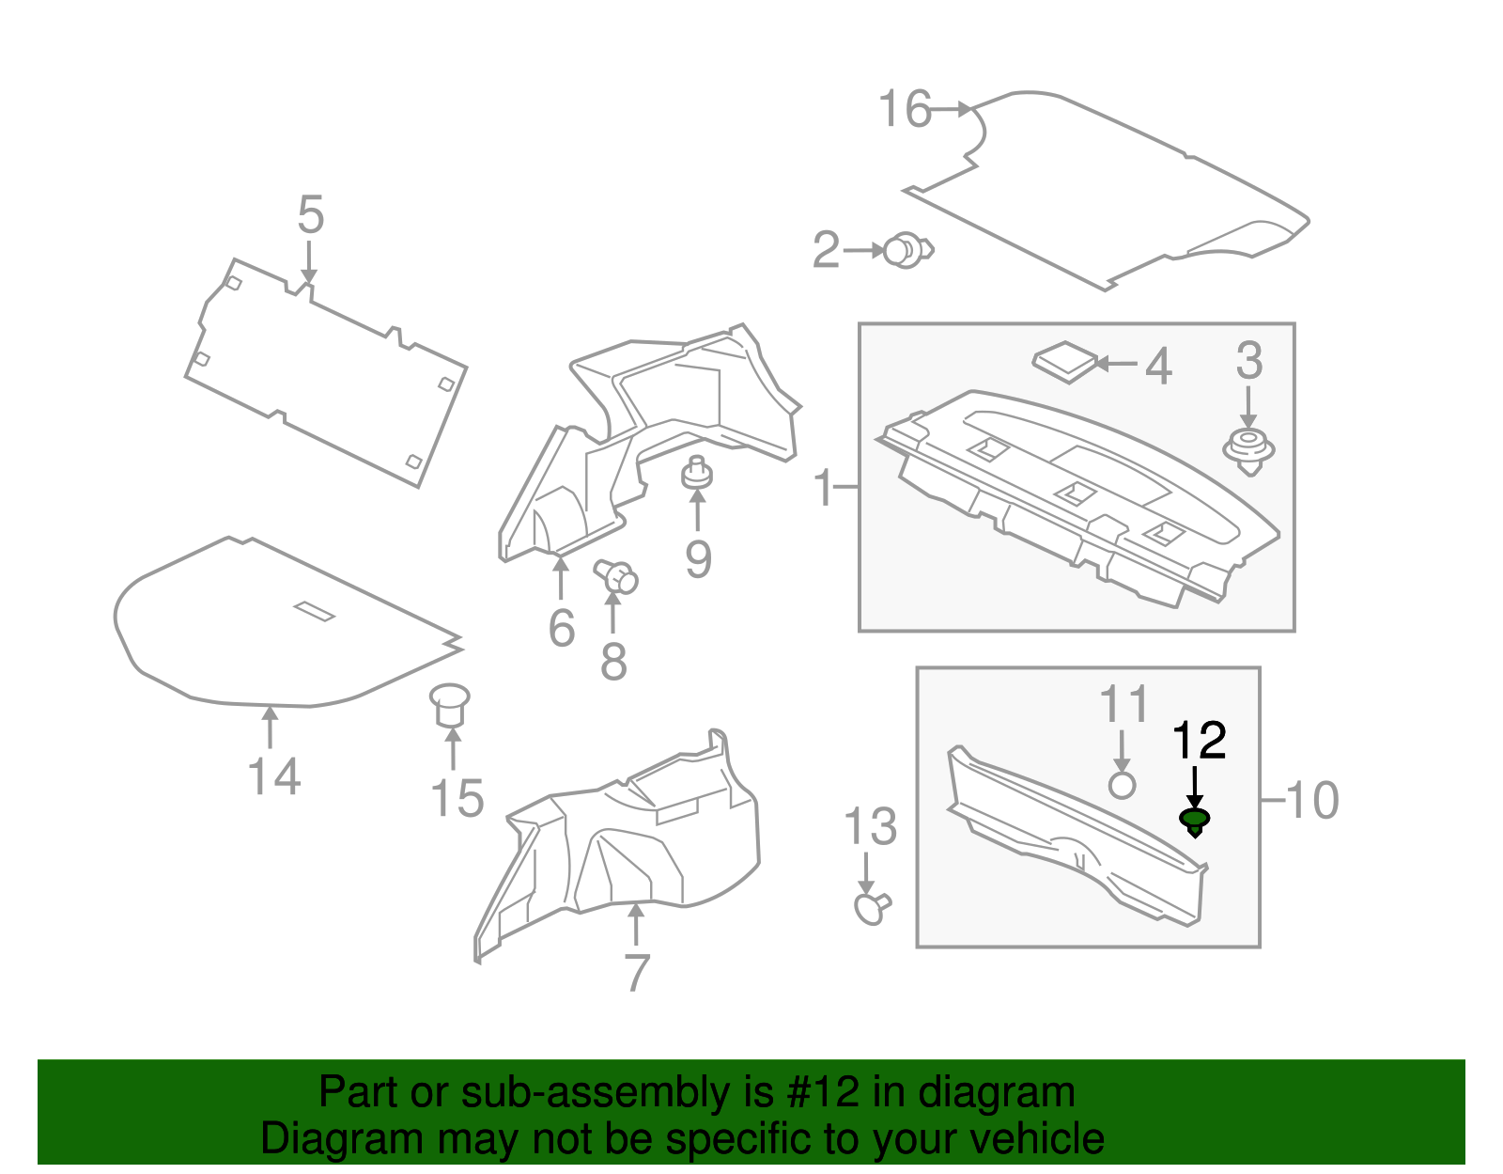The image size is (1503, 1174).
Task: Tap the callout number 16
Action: pos(905,110)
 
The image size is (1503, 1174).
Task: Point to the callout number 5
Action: pos(311,215)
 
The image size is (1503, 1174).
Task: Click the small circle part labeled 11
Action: pos(1122,784)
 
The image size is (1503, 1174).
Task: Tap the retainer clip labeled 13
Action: pos(871,908)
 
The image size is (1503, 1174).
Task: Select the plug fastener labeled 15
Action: pos(449,703)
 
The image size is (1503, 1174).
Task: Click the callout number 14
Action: pos(274,777)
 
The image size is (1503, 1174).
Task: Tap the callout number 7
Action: pos(636,973)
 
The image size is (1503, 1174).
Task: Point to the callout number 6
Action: pos(561,628)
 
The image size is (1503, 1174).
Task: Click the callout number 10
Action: pos(1312,800)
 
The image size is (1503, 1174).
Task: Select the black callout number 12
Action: pos(1200,741)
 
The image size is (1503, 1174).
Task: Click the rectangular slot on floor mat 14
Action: pos(314,611)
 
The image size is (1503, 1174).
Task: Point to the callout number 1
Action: pos(823,488)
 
